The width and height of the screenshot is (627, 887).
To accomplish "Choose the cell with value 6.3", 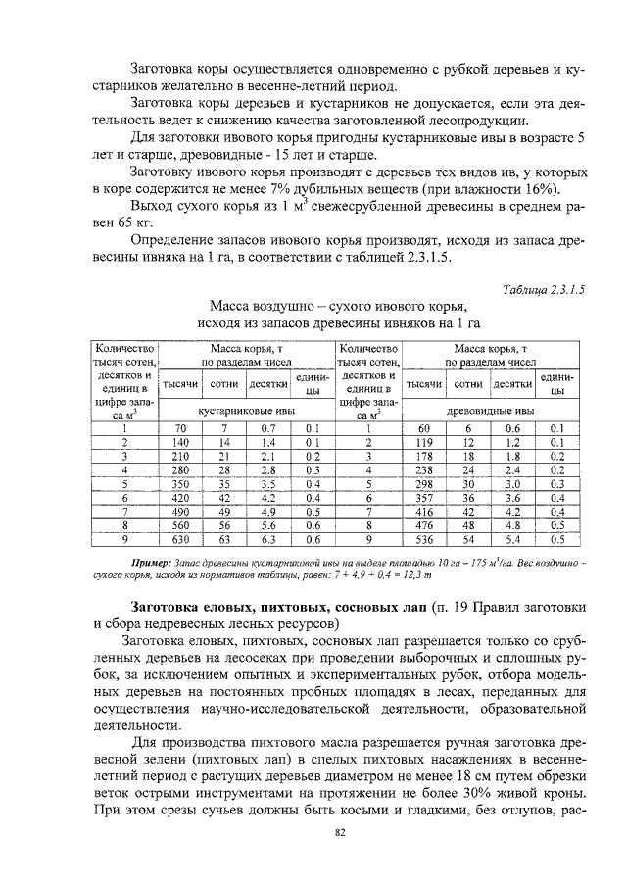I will [x=267, y=538].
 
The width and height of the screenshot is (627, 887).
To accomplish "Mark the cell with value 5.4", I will [x=511, y=538].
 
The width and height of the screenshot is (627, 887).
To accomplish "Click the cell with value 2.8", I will [x=267, y=469].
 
